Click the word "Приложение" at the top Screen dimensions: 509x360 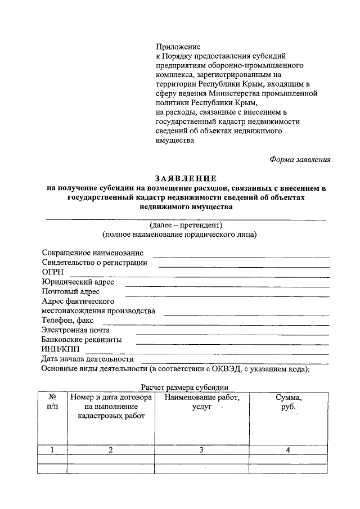click(178, 46)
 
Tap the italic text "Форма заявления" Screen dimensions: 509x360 click(300, 159)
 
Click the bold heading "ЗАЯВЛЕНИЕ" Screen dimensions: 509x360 click(186, 178)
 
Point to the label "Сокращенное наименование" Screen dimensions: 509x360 click(92, 253)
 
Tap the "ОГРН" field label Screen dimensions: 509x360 click(53, 272)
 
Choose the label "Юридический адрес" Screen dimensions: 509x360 click(78, 282)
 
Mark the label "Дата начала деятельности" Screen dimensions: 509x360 click(88, 359)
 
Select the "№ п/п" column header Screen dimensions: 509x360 click(52, 402)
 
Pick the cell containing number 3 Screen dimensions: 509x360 click(201, 449)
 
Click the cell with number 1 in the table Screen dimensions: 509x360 click(52, 449)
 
